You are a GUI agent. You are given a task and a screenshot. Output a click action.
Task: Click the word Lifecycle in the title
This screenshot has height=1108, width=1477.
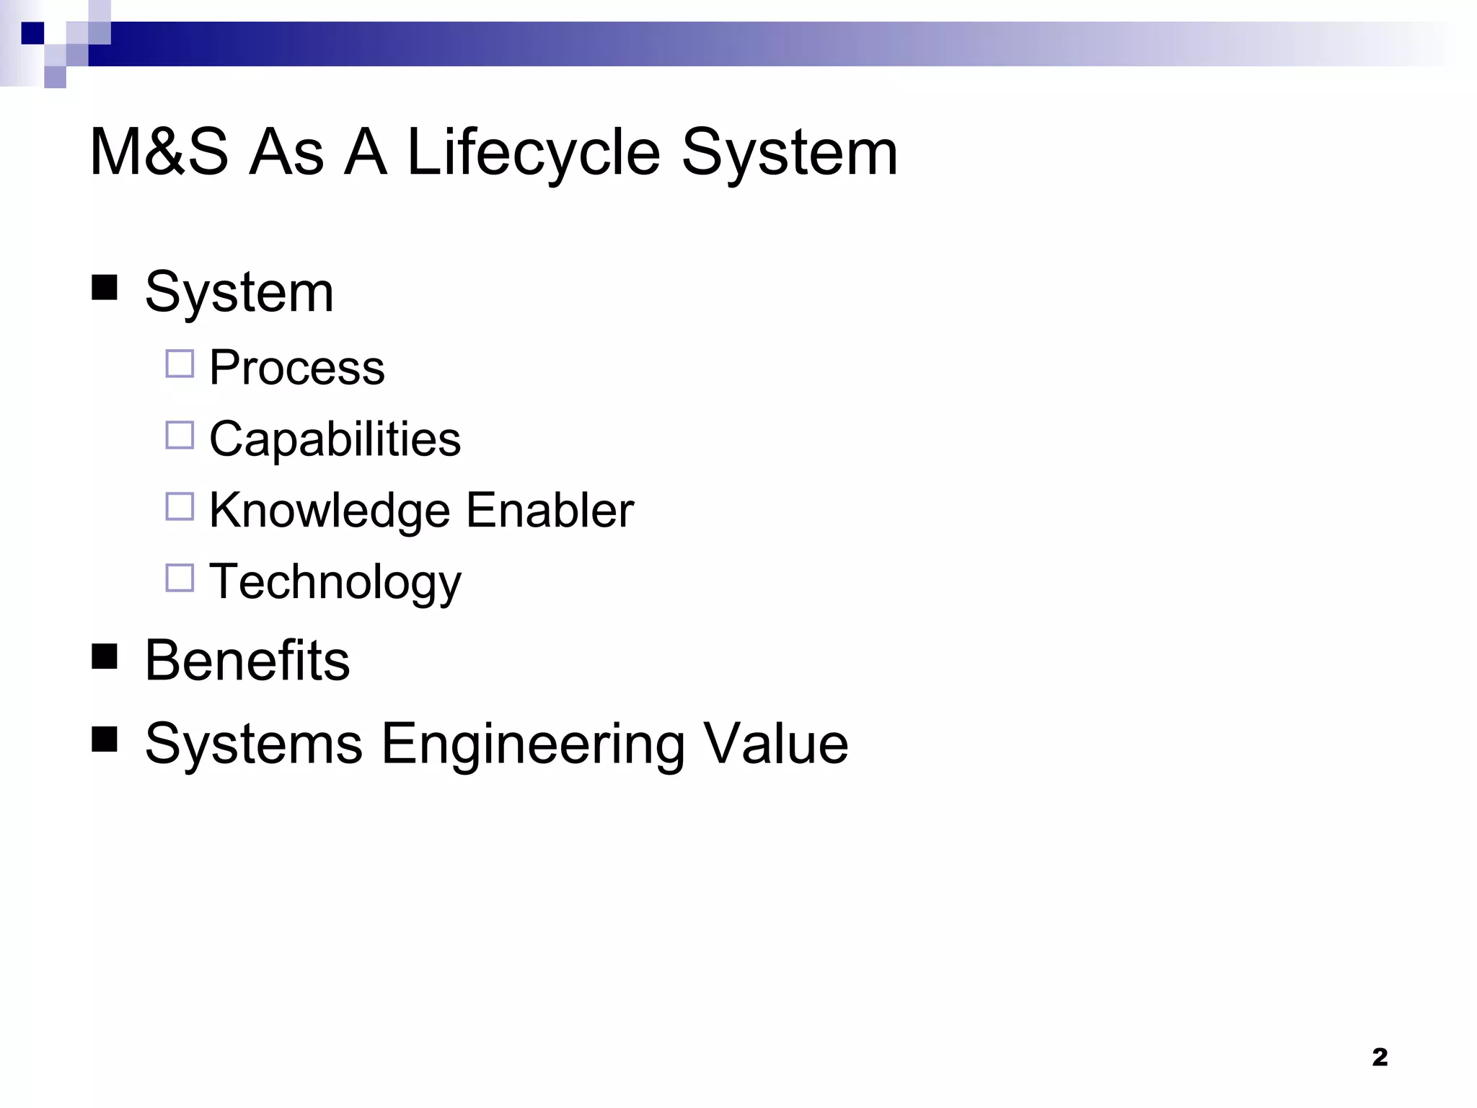click(x=533, y=152)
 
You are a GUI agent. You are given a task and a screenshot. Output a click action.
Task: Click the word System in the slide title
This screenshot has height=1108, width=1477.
click(x=789, y=152)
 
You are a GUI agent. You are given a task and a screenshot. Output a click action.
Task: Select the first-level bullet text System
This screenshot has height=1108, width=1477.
click(x=239, y=292)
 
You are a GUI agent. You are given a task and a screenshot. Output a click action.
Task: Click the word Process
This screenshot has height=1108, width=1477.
click(x=296, y=367)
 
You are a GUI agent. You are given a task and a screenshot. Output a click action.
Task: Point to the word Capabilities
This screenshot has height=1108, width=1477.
click(x=335, y=439)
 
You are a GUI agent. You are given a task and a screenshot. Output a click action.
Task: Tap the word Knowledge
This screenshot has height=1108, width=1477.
click(x=330, y=511)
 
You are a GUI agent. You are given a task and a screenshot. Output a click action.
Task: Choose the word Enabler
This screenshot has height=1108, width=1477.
click(x=550, y=510)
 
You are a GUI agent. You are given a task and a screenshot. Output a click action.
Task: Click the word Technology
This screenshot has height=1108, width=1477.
click(x=335, y=581)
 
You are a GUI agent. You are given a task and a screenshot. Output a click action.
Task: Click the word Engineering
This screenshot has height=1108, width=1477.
click(x=532, y=744)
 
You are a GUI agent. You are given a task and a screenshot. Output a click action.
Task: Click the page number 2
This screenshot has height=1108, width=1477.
click(x=1379, y=1058)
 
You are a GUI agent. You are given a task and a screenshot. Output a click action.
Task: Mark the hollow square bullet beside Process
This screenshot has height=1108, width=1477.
click(x=180, y=364)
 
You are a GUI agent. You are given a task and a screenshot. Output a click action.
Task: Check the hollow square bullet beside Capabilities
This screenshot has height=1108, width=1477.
click(x=180, y=436)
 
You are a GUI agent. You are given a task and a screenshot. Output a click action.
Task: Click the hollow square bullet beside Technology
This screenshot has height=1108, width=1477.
click(x=180, y=578)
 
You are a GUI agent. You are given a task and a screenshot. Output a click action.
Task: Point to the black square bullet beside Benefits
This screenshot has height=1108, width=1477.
click(x=105, y=656)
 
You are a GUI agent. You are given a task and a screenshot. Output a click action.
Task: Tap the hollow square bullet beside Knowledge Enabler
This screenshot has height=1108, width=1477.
click(x=180, y=506)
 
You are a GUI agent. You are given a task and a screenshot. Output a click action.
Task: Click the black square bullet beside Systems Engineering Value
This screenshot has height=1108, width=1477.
click(x=105, y=739)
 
